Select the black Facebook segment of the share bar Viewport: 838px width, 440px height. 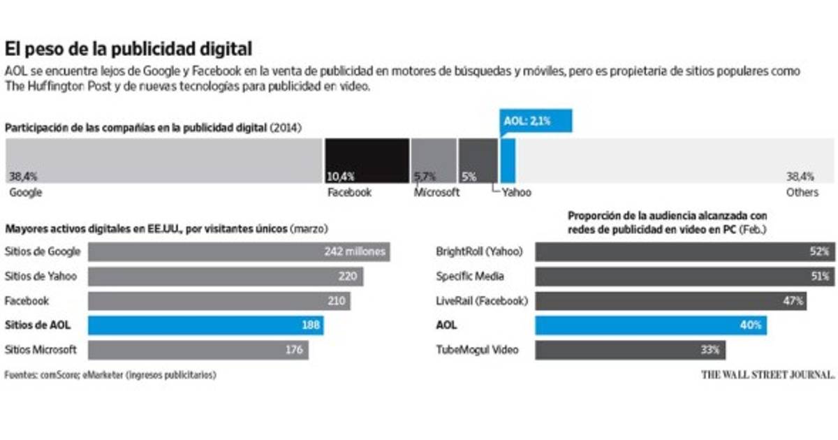pyautogui.click(x=367, y=161)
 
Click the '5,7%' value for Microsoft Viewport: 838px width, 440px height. pyautogui.click(x=425, y=177)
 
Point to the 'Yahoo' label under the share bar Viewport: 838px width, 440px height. pyautogui.click(x=516, y=192)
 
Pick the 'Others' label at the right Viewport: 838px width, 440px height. pyautogui.click(x=802, y=192)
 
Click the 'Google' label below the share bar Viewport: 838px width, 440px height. pyautogui.click(x=25, y=192)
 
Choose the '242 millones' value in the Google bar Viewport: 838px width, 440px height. pyautogui.click(x=355, y=251)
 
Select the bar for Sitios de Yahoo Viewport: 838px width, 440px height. pyautogui.click(x=226, y=276)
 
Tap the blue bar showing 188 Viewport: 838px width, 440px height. pyautogui.click(x=205, y=325)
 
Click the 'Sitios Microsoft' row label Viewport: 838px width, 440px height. pyautogui.click(x=41, y=349)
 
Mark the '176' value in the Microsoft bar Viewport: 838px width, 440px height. pyautogui.click(x=293, y=349)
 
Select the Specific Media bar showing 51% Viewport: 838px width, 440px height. pyautogui.click(x=684, y=276)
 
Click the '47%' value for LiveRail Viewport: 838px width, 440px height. pyautogui.click(x=791, y=301)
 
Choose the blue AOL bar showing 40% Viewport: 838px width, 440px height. pyautogui.click(x=649, y=325)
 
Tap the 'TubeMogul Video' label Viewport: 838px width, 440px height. pyautogui.click(x=477, y=349)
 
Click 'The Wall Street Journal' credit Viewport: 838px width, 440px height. pyautogui.click(x=767, y=375)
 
